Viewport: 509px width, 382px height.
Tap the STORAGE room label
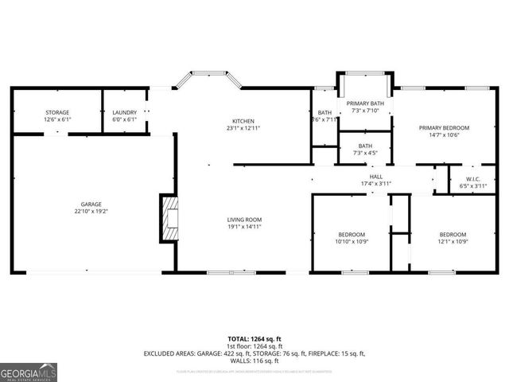point(56,113)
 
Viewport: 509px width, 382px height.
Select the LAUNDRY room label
point(124,113)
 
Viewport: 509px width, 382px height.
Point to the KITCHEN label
point(243,121)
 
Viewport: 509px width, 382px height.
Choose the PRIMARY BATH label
point(365,103)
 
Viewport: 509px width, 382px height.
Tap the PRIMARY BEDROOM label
point(445,127)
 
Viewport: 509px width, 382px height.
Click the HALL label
point(376,177)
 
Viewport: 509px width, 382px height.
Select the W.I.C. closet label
point(472,179)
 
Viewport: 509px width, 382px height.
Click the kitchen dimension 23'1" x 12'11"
point(243,128)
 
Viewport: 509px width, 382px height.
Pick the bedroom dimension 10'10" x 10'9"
point(352,241)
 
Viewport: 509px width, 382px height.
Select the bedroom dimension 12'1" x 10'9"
point(453,241)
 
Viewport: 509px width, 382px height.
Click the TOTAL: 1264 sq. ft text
point(254,338)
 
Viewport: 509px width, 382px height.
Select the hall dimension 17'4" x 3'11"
point(376,184)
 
